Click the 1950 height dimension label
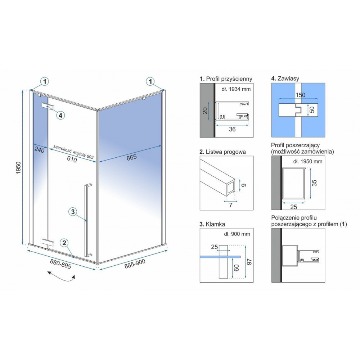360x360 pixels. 19,168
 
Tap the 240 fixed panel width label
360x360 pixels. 40,150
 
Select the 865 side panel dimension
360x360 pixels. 131,157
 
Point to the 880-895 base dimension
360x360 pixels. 60,264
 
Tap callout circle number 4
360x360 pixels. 60,115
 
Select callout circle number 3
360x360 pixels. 73,212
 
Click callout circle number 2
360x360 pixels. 64,243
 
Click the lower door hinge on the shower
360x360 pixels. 48,242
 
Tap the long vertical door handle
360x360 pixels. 88,220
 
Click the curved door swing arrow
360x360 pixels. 61,276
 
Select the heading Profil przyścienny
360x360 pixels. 229,79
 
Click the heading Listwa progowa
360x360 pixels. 226,152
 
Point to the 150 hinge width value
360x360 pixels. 300,95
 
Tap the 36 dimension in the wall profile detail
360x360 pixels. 232,129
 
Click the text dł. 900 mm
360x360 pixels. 237,234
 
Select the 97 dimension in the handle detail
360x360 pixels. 249,262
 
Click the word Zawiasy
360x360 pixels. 288,78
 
